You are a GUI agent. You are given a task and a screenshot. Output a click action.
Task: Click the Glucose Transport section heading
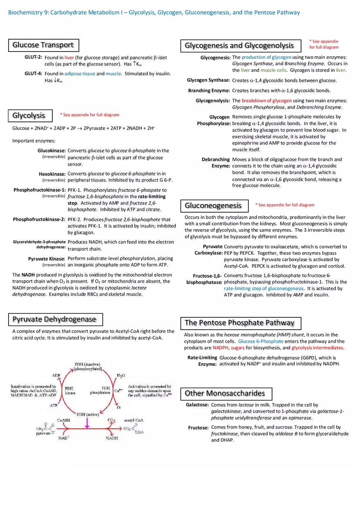[x=43, y=45]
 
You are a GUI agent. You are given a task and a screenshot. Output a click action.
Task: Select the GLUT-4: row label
[x=33, y=74]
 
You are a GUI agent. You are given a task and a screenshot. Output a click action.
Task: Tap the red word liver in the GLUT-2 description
[x=69, y=58]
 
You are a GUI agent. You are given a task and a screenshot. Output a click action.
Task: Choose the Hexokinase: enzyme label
[x=52, y=174]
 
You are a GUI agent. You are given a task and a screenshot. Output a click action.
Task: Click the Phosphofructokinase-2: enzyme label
[x=39, y=219]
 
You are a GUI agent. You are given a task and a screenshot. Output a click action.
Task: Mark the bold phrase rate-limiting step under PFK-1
[x=151, y=196]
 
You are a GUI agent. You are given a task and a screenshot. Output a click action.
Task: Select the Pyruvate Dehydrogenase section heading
[x=55, y=319]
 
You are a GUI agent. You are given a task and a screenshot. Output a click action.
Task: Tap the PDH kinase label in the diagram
[x=70, y=391]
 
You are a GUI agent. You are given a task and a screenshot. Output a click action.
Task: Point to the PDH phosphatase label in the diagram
[x=100, y=390]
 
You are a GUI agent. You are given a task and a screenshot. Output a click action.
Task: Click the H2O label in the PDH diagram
[x=121, y=375]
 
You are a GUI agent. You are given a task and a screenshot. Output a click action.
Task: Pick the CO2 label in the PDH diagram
[x=111, y=420]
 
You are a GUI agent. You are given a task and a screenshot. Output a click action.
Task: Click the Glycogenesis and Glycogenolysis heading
[x=239, y=45]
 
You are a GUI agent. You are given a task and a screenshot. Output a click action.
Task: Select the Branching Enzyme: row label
[x=209, y=90]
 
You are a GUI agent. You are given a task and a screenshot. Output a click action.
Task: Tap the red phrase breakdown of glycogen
[x=266, y=101]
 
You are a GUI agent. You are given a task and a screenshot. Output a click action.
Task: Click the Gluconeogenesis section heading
[x=213, y=205]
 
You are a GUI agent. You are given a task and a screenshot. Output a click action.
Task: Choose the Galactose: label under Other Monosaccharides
[x=197, y=405]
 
